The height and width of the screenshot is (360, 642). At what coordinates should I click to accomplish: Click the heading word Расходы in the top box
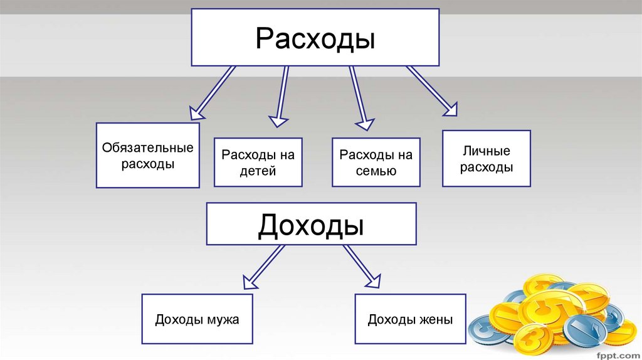click(315, 38)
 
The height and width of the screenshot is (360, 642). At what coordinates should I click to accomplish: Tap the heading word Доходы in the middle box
click(311, 224)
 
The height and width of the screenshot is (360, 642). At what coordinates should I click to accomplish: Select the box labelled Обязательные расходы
click(148, 156)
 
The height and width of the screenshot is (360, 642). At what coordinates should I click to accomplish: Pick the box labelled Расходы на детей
click(258, 162)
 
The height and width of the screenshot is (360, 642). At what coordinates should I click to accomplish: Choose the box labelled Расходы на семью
click(376, 162)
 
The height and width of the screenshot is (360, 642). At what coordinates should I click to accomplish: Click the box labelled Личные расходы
click(487, 159)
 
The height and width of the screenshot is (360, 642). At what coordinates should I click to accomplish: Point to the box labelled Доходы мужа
click(197, 319)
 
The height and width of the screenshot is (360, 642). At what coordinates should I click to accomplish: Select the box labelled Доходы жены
click(410, 319)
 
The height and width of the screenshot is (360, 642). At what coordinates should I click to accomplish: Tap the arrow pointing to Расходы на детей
click(280, 94)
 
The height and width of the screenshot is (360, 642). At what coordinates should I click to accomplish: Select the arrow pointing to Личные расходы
click(432, 90)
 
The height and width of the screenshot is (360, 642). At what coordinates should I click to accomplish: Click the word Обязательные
click(148, 149)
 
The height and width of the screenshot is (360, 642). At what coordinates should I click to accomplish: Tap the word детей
click(258, 171)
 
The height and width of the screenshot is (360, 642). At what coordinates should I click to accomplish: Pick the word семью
click(376, 171)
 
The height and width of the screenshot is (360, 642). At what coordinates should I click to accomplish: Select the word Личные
click(487, 151)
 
